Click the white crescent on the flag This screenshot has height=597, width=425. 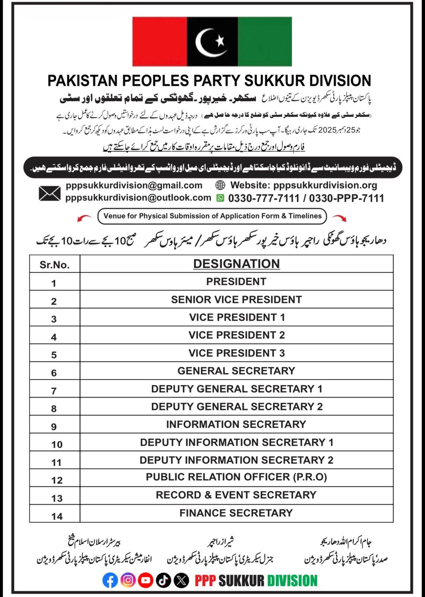point(203,43)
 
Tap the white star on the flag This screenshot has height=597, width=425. point(220,40)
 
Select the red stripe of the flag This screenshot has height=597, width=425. point(160,41)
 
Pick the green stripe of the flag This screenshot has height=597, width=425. point(265,41)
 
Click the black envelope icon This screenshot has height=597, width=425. point(50,193)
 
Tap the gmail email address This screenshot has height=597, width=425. point(134,185)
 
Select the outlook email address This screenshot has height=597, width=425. point(138,198)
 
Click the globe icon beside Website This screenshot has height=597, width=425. point(220,185)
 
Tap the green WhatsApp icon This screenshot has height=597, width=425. point(220,198)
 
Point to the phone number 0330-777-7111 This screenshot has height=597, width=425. point(264,198)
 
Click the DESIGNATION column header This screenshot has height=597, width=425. point(236,264)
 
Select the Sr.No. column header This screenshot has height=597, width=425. point(54,265)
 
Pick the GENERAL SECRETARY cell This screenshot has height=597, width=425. point(236,371)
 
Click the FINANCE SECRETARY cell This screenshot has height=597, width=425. point(236,513)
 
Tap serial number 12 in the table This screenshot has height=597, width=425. point(57,480)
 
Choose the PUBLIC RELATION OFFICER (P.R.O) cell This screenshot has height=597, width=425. point(236,477)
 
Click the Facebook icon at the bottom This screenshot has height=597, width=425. point(110,580)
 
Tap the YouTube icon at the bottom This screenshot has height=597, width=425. point(146,580)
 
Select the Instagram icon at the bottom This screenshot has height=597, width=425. point(128,580)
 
